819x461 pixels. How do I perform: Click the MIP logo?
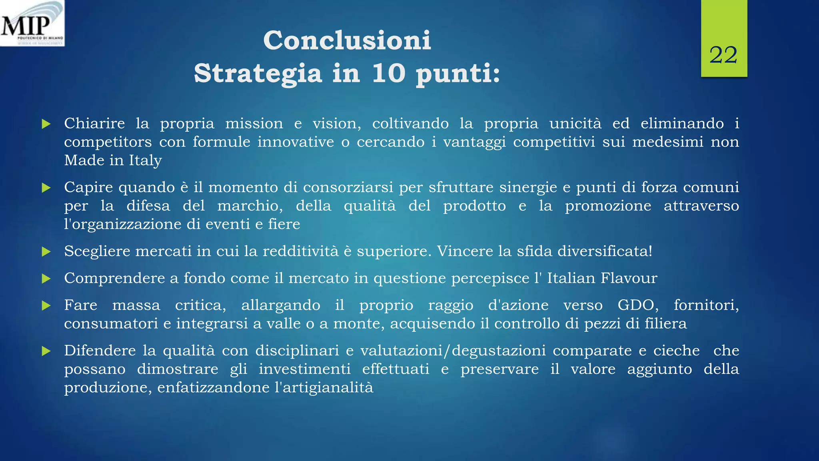[32, 23]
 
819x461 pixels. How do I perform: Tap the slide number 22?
[723, 55]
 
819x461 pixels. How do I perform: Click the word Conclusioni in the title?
[347, 40]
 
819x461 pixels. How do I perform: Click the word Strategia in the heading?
[258, 74]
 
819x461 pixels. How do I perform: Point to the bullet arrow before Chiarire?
[46, 124]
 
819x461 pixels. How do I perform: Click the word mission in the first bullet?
[254, 124]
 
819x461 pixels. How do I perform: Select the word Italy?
[145, 161]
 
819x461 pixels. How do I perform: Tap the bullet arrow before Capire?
[46, 188]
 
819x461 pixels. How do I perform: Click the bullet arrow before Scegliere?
[46, 252]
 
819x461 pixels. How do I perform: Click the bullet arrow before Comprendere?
[46, 279]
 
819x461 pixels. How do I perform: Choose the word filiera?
[665, 324]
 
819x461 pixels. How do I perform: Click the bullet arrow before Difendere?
[46, 351]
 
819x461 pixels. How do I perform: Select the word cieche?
[676, 351]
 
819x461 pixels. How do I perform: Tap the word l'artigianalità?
[324, 388]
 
